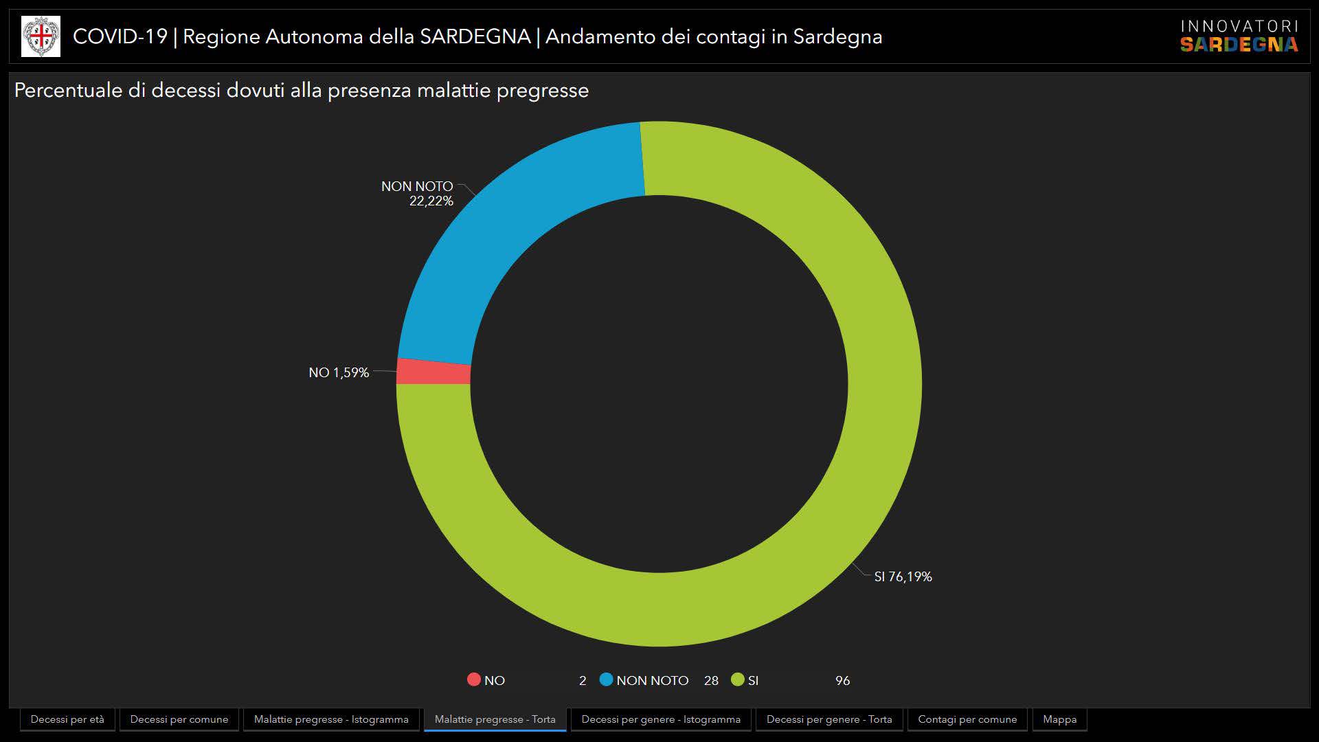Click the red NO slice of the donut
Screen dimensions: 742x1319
point(433,372)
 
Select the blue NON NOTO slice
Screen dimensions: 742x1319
point(508,227)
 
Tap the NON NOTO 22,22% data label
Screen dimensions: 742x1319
point(418,194)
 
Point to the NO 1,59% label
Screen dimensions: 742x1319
point(339,372)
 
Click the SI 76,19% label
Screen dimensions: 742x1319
point(903,577)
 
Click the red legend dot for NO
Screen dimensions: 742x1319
point(473,679)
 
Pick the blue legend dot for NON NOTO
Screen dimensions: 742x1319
point(606,679)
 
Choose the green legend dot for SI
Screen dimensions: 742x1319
point(738,679)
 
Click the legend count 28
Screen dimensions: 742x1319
point(711,680)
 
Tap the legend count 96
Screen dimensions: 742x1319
point(842,680)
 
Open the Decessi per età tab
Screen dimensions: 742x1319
point(67,719)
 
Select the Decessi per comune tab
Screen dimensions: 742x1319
point(179,719)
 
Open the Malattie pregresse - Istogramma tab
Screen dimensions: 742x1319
point(331,719)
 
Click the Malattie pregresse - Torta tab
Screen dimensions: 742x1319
point(495,719)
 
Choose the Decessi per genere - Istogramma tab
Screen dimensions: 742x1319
point(661,719)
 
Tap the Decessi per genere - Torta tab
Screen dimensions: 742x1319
point(829,719)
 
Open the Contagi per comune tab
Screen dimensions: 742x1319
point(967,719)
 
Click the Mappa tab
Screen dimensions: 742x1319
point(1059,719)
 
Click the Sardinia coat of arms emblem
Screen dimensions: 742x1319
point(41,36)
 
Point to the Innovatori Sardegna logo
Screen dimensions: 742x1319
point(1239,36)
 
